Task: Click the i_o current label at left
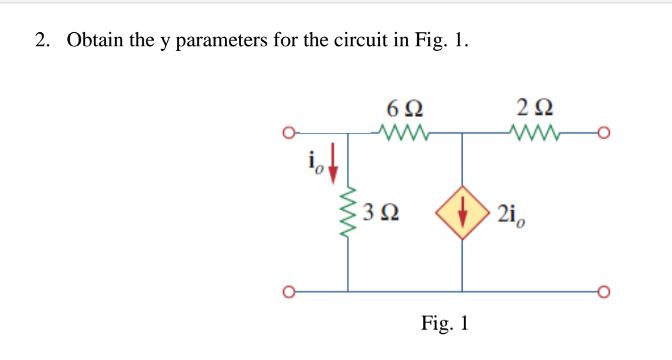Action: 316,162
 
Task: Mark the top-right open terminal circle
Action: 604,132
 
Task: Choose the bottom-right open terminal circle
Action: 604,292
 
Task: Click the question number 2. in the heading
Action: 43,40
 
